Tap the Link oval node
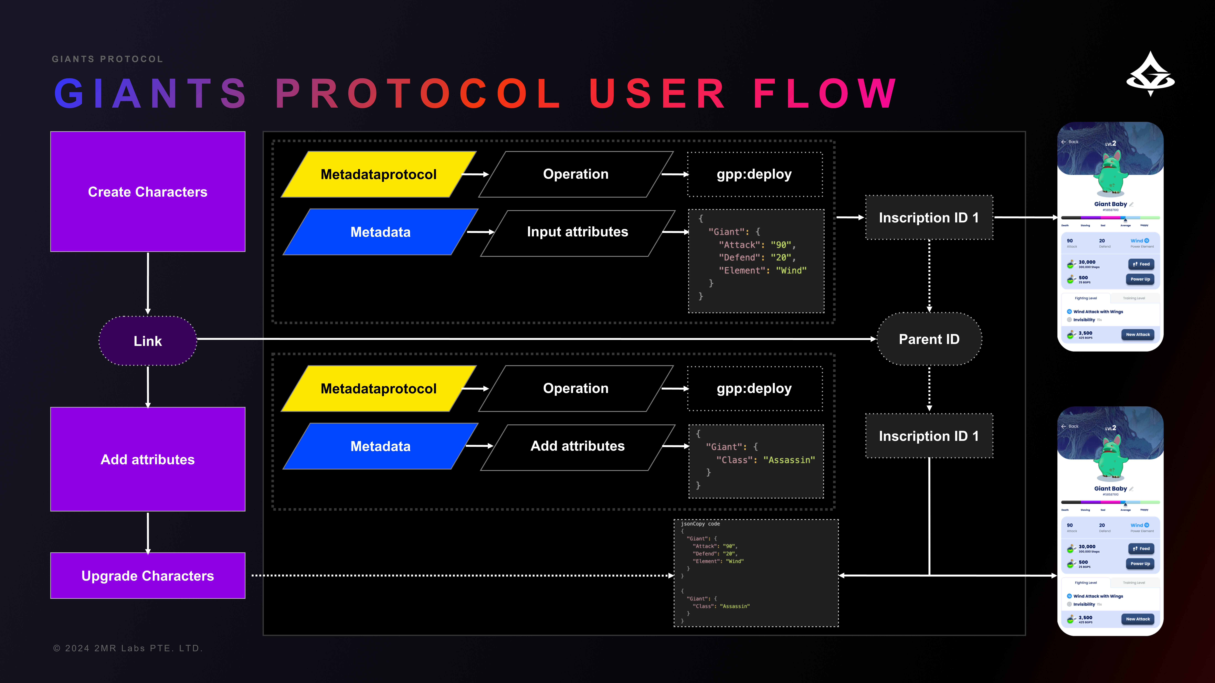(x=148, y=341)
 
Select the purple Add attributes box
(x=148, y=459)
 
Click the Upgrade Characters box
(x=148, y=576)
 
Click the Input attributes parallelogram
(x=577, y=232)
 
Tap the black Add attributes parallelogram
(x=577, y=446)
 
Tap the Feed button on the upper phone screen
(x=1141, y=264)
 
